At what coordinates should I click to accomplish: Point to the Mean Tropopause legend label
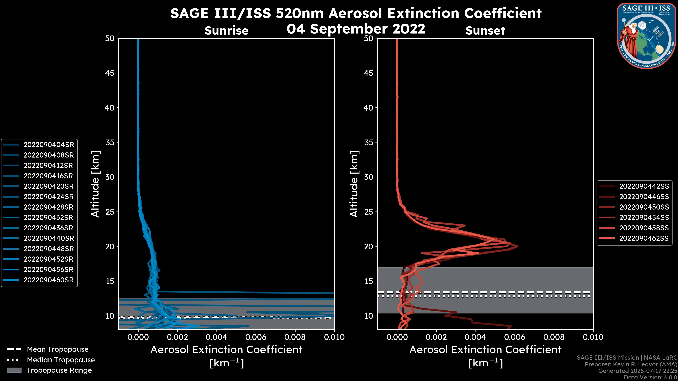pyautogui.click(x=58, y=349)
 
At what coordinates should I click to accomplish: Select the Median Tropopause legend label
pyautogui.click(x=61, y=360)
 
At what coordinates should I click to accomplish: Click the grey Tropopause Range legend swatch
pyautogui.click(x=14, y=370)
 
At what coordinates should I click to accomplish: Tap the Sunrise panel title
pyautogui.click(x=226, y=31)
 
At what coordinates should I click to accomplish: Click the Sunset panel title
pyautogui.click(x=485, y=31)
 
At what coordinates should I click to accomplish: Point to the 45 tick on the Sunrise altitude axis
pyautogui.click(x=110, y=73)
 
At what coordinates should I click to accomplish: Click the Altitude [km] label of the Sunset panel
pyautogui.click(x=354, y=184)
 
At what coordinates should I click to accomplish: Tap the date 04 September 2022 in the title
pyautogui.click(x=356, y=29)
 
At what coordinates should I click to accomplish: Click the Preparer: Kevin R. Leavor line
pyautogui.click(x=631, y=364)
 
